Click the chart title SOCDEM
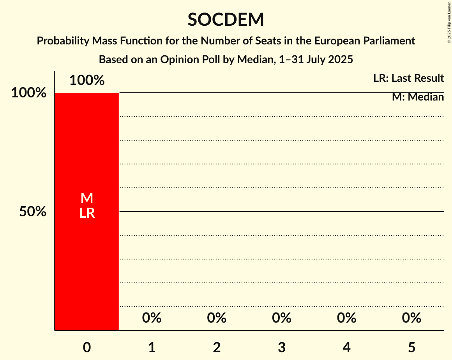(226, 20)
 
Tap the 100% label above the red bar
(87, 80)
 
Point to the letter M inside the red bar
(87, 198)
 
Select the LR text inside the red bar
(87, 213)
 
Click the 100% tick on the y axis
(29, 93)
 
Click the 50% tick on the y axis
(33, 212)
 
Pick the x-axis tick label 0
(87, 348)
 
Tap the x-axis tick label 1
(152, 348)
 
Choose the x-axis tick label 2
(217, 348)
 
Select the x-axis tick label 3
(282, 348)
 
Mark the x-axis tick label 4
(347, 348)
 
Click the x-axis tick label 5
(412, 348)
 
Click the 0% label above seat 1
(152, 318)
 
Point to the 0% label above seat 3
(282, 318)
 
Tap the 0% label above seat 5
(412, 318)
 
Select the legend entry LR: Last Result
(408, 78)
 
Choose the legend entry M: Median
(418, 97)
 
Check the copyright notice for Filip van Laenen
(449, 22)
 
